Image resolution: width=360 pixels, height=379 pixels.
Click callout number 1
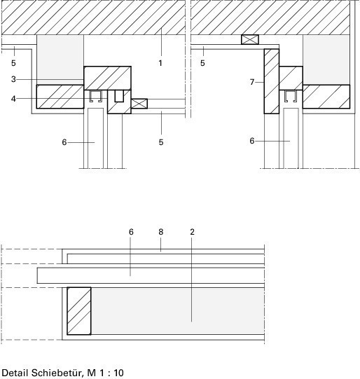(x=160, y=63)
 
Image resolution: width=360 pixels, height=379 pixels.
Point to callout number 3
(x=13, y=79)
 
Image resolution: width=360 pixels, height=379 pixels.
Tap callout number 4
(x=13, y=99)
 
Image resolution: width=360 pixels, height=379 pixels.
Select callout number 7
(x=252, y=82)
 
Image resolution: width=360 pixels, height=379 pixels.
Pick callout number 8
(x=161, y=232)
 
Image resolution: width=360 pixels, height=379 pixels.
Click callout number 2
(x=192, y=232)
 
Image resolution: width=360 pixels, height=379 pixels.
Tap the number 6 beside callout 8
(x=131, y=232)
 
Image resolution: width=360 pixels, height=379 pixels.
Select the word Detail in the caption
(x=15, y=373)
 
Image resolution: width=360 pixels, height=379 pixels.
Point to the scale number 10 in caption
(x=118, y=373)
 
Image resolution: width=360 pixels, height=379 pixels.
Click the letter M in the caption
(x=91, y=373)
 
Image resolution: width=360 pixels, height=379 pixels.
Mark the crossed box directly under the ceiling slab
(x=250, y=39)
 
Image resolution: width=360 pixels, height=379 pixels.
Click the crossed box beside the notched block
(x=139, y=104)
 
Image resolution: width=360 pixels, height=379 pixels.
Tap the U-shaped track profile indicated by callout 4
(x=95, y=96)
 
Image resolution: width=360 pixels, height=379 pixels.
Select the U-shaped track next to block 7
(x=290, y=96)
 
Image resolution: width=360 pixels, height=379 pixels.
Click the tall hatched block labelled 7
(x=272, y=81)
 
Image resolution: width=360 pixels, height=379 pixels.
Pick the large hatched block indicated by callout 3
(x=108, y=78)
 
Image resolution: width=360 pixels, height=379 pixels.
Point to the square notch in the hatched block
(x=119, y=96)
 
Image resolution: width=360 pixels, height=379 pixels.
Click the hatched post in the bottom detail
(x=79, y=311)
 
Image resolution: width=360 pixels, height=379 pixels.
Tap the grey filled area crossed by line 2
(x=178, y=311)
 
